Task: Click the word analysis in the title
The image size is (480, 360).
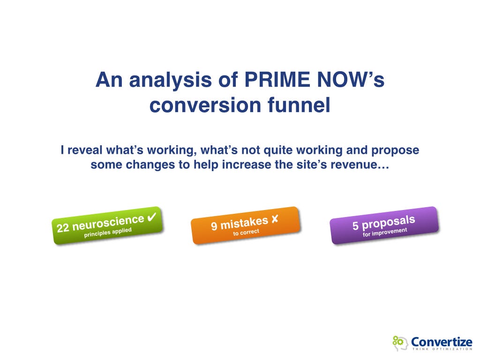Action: pos(172,80)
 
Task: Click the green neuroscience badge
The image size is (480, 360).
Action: pos(107,225)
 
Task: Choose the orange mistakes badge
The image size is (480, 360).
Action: pos(245,225)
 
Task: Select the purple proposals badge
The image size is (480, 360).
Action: pos(384,225)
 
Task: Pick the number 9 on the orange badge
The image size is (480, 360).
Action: pos(214,227)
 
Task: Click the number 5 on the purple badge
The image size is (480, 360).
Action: pos(356,226)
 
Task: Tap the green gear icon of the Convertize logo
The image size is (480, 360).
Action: pos(397,340)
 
